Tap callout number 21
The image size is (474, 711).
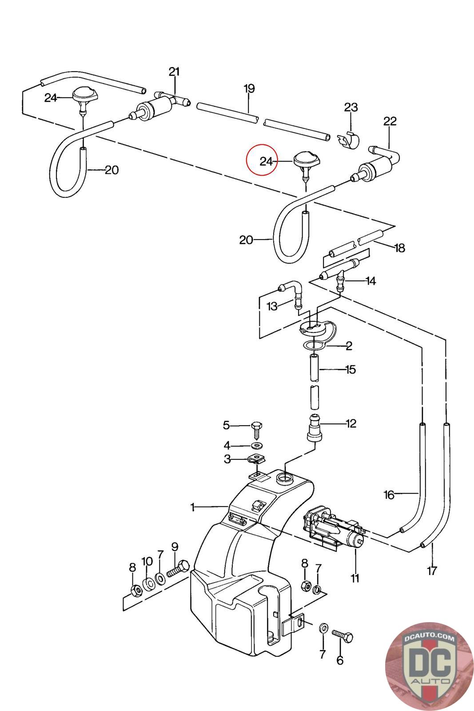(174, 72)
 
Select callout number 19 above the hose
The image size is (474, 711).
(249, 88)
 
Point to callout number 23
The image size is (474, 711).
(351, 107)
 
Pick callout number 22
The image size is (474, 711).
(390, 121)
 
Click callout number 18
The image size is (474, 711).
(400, 248)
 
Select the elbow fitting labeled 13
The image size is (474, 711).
(292, 293)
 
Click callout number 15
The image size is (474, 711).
(350, 369)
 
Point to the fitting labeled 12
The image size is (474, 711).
(315, 427)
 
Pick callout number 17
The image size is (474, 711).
(432, 571)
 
